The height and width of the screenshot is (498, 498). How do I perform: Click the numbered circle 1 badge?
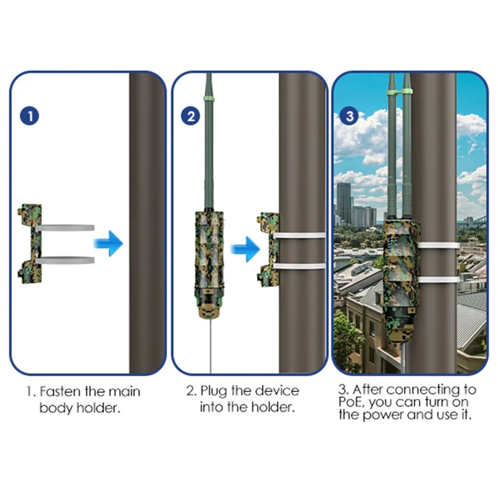pos(29,116)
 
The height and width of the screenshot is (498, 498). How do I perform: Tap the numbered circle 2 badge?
pos(190,116)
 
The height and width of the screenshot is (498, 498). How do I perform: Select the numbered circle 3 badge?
pos(349,116)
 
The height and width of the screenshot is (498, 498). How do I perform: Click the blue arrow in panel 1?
pos(108,243)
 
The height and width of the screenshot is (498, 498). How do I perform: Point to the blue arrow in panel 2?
pos(245,249)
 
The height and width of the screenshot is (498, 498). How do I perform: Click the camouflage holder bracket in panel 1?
pos(30,243)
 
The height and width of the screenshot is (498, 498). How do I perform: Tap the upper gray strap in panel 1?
pos(65,228)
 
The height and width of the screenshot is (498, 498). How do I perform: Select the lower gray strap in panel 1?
pos(65,260)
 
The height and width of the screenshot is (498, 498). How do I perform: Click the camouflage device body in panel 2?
pos(209,264)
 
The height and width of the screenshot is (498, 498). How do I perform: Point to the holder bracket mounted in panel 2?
pos(268,250)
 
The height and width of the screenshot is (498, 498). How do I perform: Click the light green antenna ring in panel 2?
pos(209,99)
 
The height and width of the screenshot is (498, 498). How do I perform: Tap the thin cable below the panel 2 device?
pos(210,345)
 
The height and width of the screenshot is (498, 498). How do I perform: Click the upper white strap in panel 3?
pos(439,245)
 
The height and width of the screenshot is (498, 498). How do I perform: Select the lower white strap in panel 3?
pos(439,280)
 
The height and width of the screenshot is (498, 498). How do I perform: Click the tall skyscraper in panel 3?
pos(344,203)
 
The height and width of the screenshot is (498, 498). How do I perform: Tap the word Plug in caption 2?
pos(214,392)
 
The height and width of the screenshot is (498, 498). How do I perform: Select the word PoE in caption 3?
pos(349,402)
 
